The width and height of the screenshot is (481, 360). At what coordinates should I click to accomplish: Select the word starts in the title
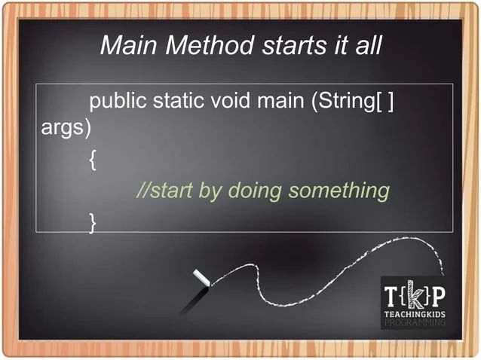287,47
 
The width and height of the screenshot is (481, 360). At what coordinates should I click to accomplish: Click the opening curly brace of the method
93,161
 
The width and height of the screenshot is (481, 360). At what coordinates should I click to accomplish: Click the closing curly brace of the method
93,221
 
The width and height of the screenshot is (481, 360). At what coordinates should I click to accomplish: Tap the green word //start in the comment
164,191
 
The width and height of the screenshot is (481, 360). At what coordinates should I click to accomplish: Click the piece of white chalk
202,279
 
